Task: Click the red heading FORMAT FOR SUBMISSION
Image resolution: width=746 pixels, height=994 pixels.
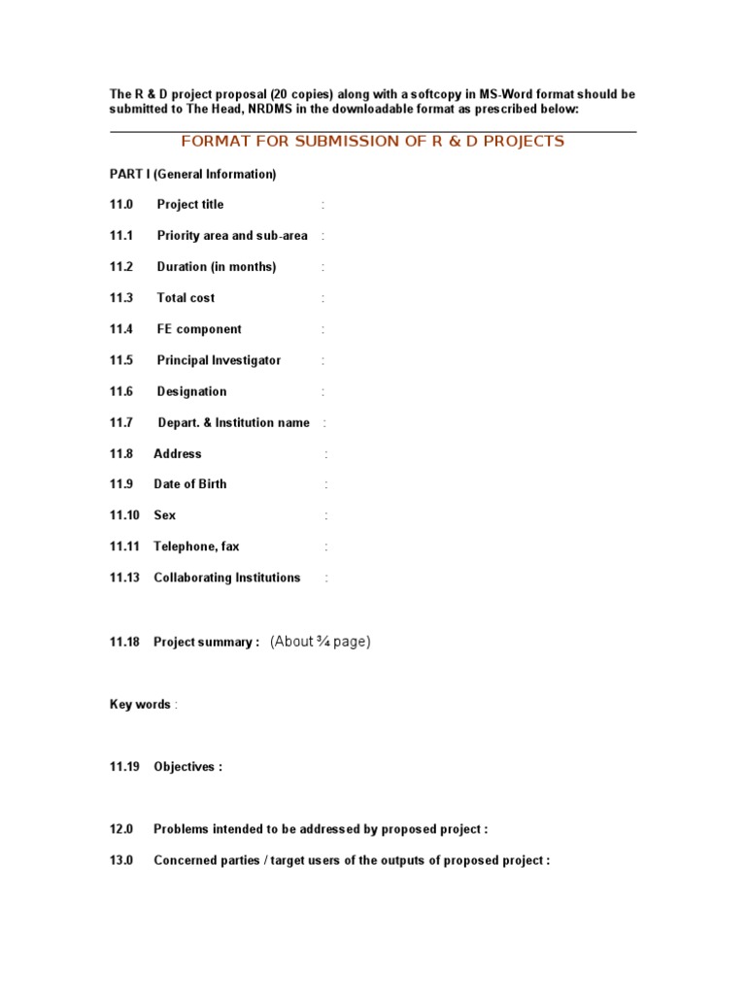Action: pos(372,142)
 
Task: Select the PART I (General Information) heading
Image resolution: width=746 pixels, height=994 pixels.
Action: pos(192,174)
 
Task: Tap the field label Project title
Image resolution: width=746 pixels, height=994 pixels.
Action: pos(189,205)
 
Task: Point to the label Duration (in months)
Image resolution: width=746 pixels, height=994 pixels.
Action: pos(216,267)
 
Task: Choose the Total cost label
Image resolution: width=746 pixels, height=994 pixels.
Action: pos(186,298)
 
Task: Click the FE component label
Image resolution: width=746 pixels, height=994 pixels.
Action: pos(199,329)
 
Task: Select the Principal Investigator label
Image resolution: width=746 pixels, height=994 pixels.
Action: pos(219,360)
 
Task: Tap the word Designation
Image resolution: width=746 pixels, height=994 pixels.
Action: pos(191,391)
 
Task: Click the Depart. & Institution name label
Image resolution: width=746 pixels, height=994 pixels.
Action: pos(233,422)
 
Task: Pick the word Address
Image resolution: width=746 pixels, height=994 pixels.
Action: pos(178,453)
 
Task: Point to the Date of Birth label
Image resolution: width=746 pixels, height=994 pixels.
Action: pos(190,484)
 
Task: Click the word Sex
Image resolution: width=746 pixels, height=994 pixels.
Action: pos(165,515)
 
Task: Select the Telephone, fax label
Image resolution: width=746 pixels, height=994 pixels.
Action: pos(196,547)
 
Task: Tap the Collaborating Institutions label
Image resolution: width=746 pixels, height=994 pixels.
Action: pos(227,578)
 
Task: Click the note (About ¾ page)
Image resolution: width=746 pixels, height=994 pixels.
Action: pos(321,642)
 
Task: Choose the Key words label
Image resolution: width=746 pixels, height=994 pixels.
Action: pos(140,705)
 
